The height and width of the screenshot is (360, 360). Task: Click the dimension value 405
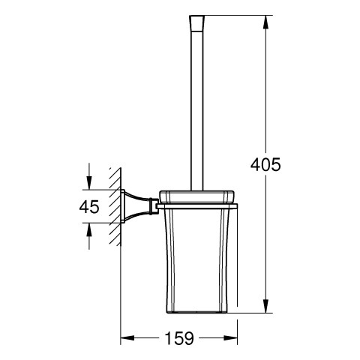[265, 165]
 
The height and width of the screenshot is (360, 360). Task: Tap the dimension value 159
[179, 338]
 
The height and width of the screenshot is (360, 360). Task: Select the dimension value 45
[89, 207]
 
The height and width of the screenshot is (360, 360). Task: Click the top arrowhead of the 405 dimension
[265, 22]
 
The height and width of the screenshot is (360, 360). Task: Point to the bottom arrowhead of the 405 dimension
[265, 306]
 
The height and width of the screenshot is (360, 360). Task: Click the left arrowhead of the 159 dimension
[127, 338]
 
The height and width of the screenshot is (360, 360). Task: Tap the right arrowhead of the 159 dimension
[230, 338]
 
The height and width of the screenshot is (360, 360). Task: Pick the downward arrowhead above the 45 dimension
[89, 183]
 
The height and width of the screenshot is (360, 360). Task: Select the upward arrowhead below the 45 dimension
[89, 229]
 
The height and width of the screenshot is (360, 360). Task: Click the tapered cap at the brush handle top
[197, 22]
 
